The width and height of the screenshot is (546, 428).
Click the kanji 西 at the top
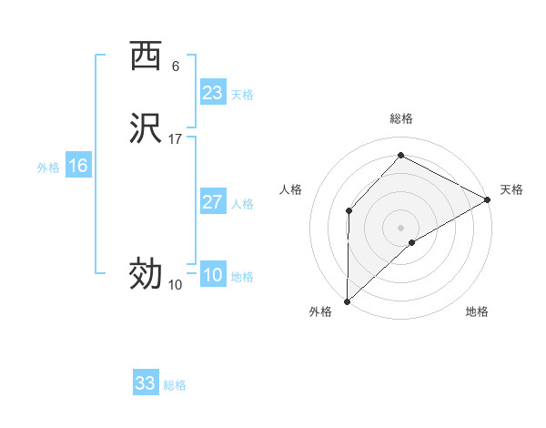tap(145, 56)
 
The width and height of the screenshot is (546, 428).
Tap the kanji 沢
tap(145, 128)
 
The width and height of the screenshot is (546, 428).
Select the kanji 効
tap(145, 272)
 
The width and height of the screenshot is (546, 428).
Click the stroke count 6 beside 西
tap(176, 66)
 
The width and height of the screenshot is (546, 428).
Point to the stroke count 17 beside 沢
tap(176, 139)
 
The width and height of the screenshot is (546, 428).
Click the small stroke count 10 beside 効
tap(176, 285)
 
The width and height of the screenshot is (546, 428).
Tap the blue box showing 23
tap(212, 93)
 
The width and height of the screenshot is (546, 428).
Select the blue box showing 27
tap(212, 202)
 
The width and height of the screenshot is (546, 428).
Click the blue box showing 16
tap(78, 166)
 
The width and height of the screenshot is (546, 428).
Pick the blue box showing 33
tap(146, 383)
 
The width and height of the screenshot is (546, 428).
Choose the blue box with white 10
tap(212, 275)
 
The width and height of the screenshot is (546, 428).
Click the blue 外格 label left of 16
tap(48, 168)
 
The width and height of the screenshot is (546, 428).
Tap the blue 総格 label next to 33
tap(175, 385)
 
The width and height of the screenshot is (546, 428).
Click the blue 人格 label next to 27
tap(243, 204)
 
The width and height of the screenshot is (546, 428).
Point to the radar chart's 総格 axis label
tap(401, 118)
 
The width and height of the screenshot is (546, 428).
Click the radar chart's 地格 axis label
tap(477, 312)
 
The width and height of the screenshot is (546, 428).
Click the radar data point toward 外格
tap(347, 301)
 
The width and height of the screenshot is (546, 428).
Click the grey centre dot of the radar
tap(401, 227)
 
